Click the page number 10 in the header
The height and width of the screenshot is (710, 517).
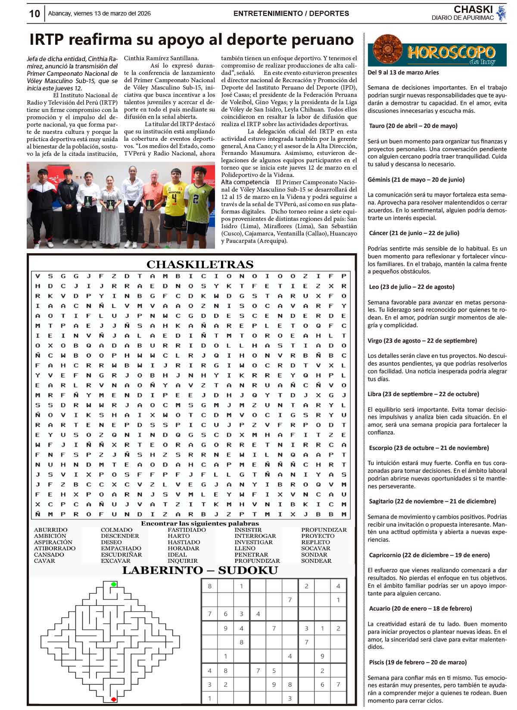click(34, 14)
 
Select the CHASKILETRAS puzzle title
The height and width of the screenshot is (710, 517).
click(200, 264)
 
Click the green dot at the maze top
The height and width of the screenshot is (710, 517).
click(114, 584)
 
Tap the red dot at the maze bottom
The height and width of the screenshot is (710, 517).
click(114, 699)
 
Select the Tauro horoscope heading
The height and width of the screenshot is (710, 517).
click(413, 126)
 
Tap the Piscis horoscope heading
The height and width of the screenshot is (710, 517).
click(417, 662)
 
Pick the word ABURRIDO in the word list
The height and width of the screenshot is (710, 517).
click(51, 530)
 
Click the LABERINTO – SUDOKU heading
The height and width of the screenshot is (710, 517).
click(200, 570)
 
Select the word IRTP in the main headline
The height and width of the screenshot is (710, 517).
click(47, 40)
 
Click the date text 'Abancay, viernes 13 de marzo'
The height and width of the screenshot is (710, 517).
click(100, 13)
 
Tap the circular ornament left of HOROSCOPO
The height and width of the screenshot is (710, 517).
click(388, 50)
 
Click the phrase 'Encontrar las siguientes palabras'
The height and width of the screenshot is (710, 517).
click(200, 524)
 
